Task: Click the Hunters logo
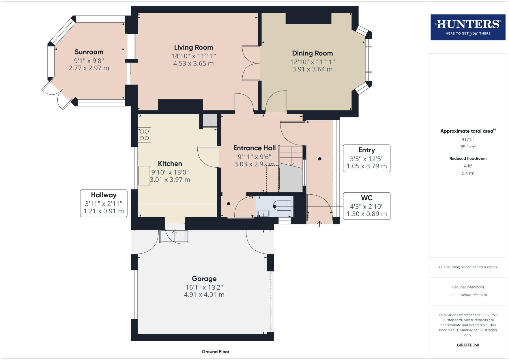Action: (x=468, y=27)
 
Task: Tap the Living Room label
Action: (x=193, y=47)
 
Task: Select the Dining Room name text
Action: (x=312, y=53)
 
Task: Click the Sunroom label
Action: (x=89, y=52)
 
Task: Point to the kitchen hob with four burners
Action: (x=144, y=135)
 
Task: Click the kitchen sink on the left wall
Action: (x=144, y=175)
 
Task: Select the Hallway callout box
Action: (x=104, y=203)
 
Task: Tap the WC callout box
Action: (x=366, y=206)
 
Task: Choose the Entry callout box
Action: (x=366, y=158)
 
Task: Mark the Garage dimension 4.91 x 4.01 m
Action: (x=204, y=295)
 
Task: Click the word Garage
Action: (x=204, y=279)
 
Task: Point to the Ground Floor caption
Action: (x=215, y=351)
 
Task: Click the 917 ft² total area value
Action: (x=468, y=139)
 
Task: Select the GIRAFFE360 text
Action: (x=468, y=345)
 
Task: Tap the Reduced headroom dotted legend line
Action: (x=453, y=295)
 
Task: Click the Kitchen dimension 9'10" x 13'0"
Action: (x=170, y=172)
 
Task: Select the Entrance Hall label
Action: (x=254, y=148)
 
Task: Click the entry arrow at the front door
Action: (x=319, y=224)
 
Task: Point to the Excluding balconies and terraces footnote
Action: (x=468, y=267)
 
